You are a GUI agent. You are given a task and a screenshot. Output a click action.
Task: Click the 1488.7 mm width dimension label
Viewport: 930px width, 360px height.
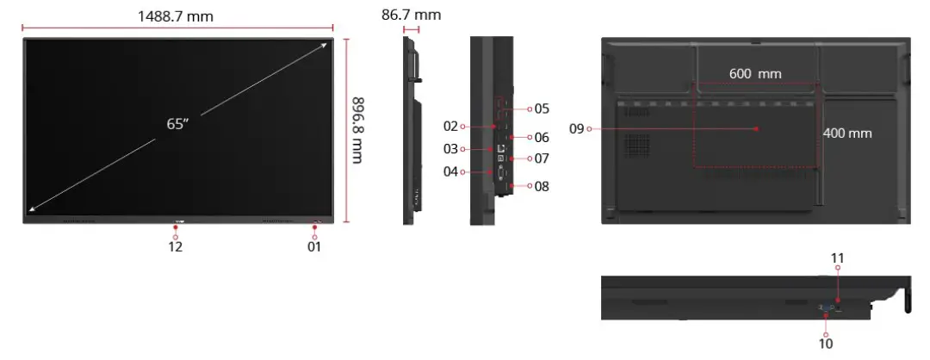click(175, 16)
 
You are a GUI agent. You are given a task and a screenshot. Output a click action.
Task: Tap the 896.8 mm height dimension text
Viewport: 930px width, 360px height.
click(356, 130)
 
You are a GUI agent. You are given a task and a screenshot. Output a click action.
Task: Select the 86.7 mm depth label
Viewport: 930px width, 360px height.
click(411, 15)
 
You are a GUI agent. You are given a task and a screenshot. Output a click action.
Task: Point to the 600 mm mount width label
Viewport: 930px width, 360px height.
click(755, 73)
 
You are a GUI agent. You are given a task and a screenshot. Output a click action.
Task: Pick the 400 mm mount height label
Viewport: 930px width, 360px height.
click(847, 133)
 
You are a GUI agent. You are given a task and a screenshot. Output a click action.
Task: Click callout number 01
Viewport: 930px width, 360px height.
click(313, 246)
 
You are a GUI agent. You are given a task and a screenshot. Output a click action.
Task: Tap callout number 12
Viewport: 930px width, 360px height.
click(175, 246)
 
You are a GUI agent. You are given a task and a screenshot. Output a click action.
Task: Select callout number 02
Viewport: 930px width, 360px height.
click(450, 126)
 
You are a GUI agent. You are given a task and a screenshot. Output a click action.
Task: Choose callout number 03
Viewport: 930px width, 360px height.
click(450, 148)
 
